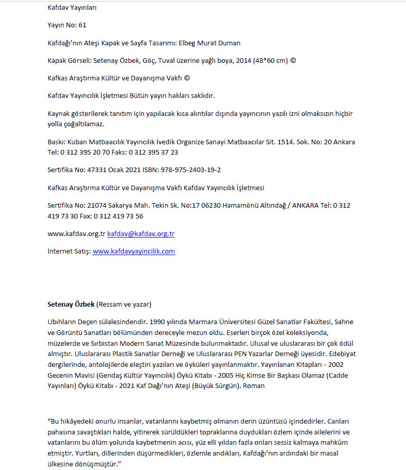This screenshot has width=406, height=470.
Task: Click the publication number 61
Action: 82,25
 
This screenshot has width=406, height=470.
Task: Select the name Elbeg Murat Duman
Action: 213,43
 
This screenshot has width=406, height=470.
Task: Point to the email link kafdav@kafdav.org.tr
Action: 141,233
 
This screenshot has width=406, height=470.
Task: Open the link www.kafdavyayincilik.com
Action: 133,251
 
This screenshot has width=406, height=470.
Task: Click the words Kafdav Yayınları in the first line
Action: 72,7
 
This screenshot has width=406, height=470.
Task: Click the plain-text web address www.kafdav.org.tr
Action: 76,233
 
